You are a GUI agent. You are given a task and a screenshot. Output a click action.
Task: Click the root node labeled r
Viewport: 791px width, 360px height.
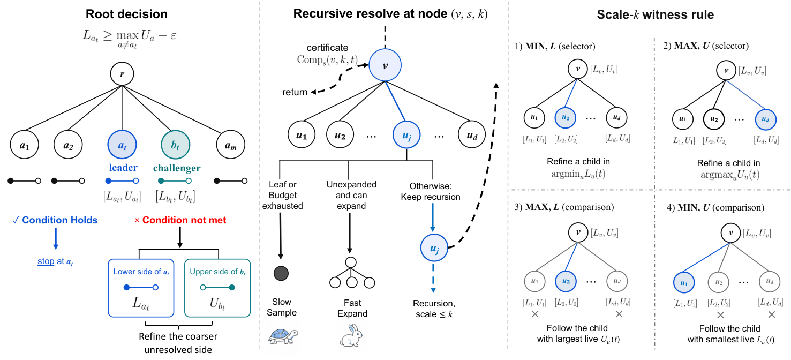tap(122, 74)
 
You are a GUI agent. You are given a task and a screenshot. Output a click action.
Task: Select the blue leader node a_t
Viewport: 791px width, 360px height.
tap(122, 145)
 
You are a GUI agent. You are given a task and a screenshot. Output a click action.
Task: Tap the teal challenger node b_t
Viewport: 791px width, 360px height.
tap(176, 145)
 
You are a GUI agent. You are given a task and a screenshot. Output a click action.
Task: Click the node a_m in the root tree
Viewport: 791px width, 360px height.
tap(231, 145)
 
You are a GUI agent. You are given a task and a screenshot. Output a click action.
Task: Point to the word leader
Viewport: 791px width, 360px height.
tap(123, 168)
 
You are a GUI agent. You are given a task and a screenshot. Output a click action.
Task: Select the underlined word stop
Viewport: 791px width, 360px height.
tap(46, 261)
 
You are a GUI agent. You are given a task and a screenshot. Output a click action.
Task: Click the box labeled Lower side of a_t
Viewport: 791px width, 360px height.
tap(141, 288)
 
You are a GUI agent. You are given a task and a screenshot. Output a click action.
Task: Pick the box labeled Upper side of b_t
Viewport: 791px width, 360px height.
tap(217, 288)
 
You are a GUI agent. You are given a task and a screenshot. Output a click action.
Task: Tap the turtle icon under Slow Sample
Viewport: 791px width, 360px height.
tap(283, 336)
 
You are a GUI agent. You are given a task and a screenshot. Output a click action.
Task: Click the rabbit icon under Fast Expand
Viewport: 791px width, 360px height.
tap(351, 335)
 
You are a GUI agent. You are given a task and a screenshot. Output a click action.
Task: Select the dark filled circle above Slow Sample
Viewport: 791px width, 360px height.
tap(281, 273)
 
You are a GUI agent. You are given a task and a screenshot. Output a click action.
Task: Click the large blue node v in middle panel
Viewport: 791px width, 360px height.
tap(385, 65)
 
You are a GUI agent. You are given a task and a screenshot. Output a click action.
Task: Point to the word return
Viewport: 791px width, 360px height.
tap(295, 92)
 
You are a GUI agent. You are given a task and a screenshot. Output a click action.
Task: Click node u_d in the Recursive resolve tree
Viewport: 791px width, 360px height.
tap(472, 134)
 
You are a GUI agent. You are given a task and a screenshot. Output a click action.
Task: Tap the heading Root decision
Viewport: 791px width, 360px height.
tap(126, 14)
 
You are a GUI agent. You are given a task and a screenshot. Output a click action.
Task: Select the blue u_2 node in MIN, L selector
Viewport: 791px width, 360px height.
tap(566, 118)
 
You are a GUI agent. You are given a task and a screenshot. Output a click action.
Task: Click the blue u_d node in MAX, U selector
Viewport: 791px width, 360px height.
tap(766, 119)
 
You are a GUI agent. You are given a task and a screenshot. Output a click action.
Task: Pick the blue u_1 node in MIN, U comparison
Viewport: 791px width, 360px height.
tap(684, 283)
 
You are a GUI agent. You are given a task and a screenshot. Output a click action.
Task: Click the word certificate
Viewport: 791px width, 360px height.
tap(327, 48)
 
